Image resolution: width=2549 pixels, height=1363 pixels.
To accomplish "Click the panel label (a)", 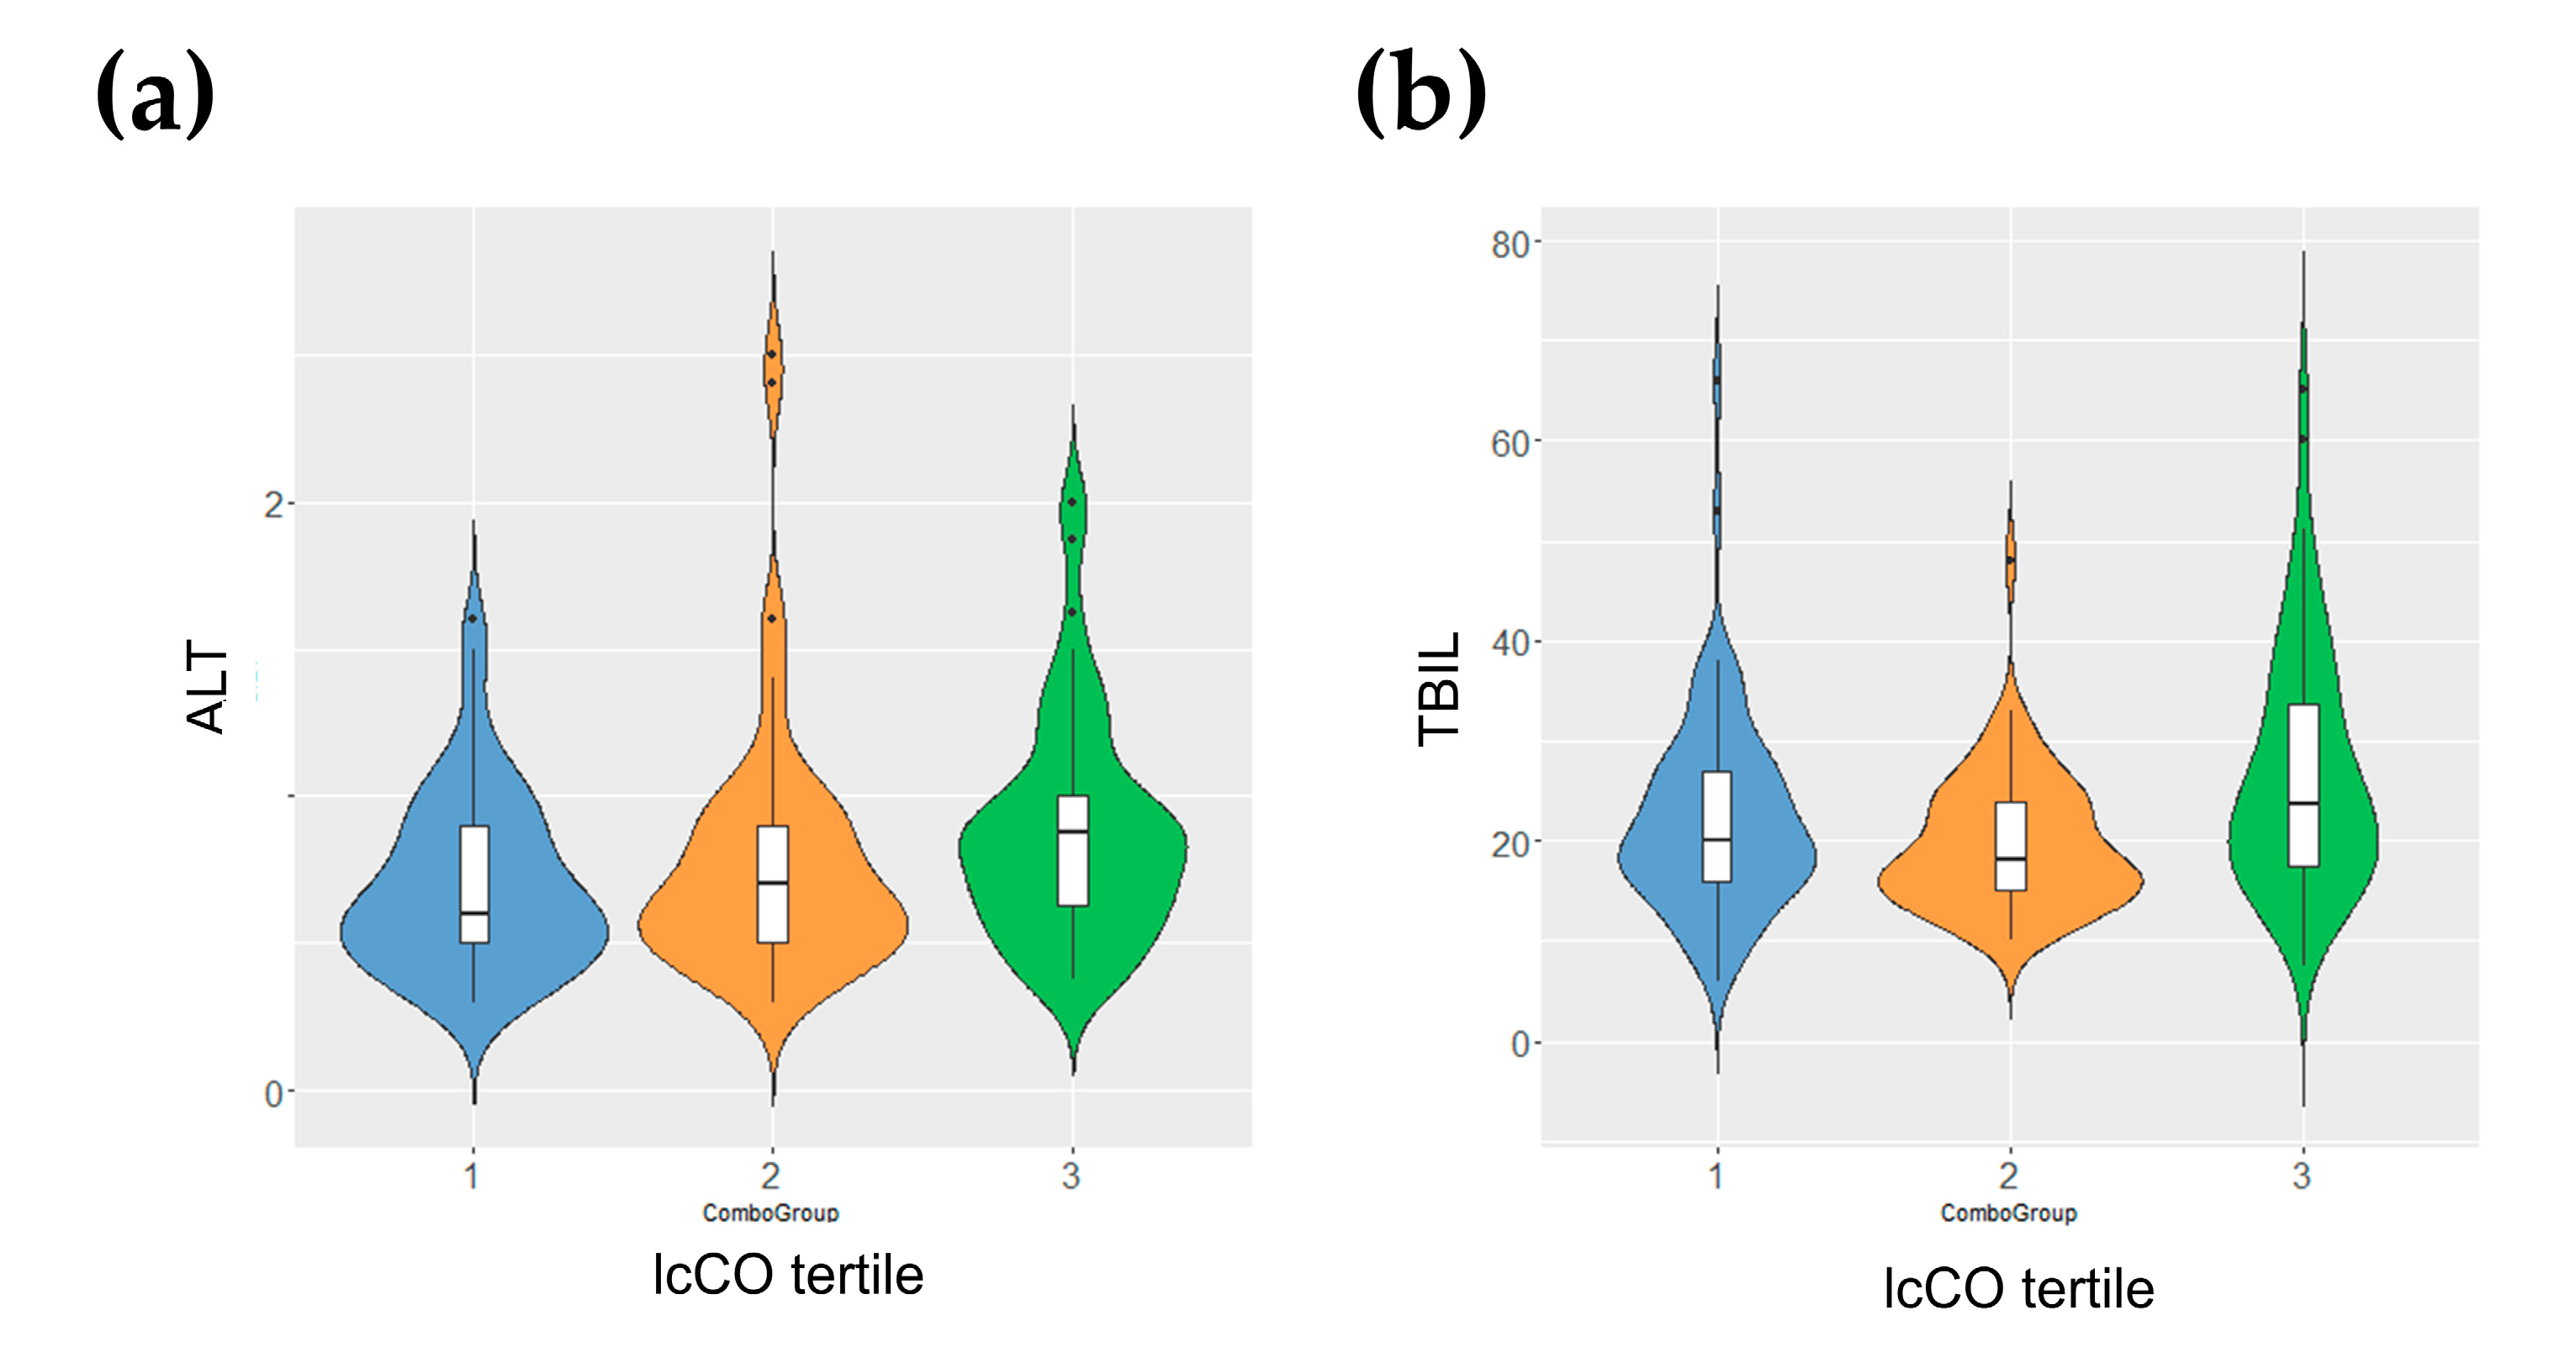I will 156,95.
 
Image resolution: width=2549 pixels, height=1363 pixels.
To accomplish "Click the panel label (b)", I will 1421,95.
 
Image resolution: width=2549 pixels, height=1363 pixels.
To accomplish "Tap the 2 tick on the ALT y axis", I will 273,505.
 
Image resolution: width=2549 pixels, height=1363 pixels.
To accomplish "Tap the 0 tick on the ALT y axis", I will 273,1094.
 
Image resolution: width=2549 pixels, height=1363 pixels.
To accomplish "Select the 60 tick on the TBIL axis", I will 1510,444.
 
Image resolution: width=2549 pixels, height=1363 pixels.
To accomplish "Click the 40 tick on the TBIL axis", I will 1510,644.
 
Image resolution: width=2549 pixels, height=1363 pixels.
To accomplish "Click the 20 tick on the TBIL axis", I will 1510,843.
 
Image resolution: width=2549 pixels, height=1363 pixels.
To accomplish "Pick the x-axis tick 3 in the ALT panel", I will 1071,1176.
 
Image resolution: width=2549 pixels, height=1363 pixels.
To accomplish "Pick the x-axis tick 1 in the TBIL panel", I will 1716,1176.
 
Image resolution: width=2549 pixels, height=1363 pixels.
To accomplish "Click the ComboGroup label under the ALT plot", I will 771,1212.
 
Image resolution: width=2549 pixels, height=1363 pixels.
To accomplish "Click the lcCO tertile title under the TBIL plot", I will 2018,1289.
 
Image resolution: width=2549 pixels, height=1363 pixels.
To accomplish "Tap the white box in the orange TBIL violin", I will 2011,846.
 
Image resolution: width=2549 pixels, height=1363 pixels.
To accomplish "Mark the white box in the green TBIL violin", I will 2303,785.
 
